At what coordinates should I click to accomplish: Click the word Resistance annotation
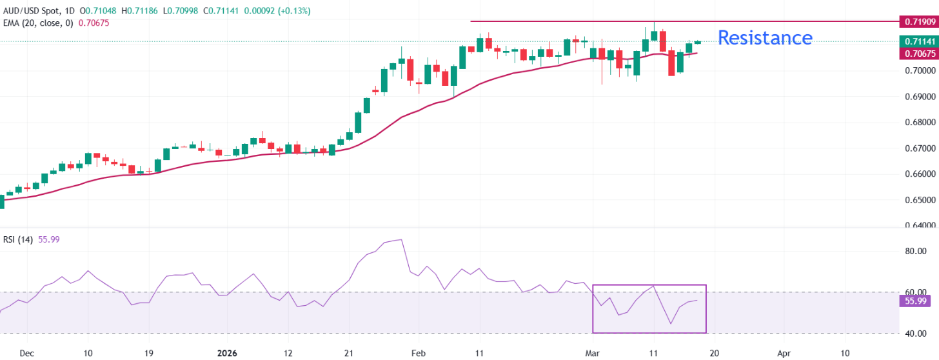(765, 38)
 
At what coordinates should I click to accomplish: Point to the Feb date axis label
(419, 354)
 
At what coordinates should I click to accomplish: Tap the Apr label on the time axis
(784, 354)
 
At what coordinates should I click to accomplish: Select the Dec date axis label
(26, 354)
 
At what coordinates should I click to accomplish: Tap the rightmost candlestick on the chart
(698, 42)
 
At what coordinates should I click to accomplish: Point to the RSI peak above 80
(401, 240)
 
